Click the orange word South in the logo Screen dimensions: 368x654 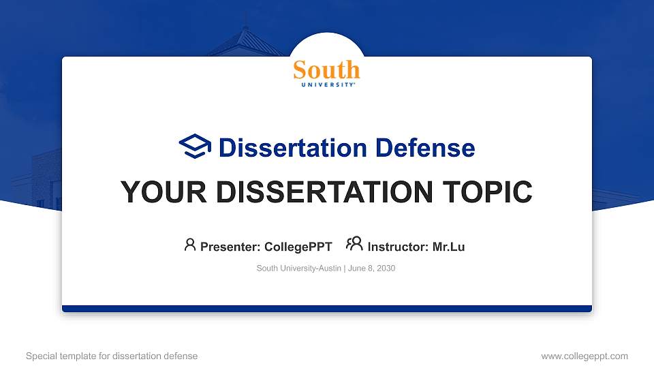point(326,70)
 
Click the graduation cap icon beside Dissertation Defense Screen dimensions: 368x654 point(195,147)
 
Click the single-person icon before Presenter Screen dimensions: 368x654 point(190,245)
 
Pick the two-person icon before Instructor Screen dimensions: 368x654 point(354,245)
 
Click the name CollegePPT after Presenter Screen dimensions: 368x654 point(298,247)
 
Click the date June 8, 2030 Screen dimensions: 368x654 point(372,269)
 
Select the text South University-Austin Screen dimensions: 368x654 point(298,269)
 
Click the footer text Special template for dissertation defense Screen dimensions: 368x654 point(111,356)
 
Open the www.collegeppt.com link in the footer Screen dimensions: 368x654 point(584,356)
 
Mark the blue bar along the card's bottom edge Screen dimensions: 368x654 point(326,309)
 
